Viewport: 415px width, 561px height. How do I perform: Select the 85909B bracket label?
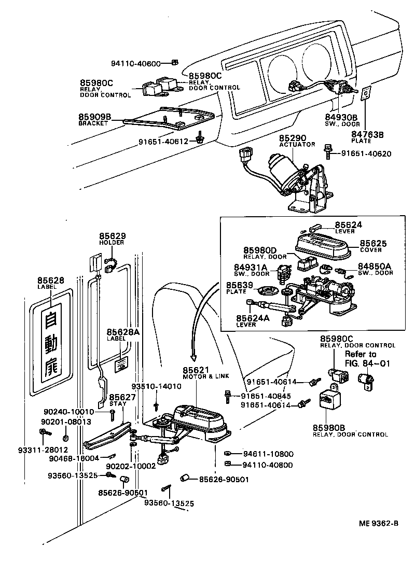[x=94, y=120]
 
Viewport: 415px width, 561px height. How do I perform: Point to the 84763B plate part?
[x=366, y=93]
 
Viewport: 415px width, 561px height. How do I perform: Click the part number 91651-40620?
[x=366, y=154]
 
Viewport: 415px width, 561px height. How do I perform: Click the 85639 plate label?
[x=240, y=287]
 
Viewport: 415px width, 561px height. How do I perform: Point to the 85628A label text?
[x=123, y=334]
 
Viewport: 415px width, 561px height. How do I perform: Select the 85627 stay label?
[x=123, y=400]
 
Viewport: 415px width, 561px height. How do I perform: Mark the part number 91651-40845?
[x=266, y=397]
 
